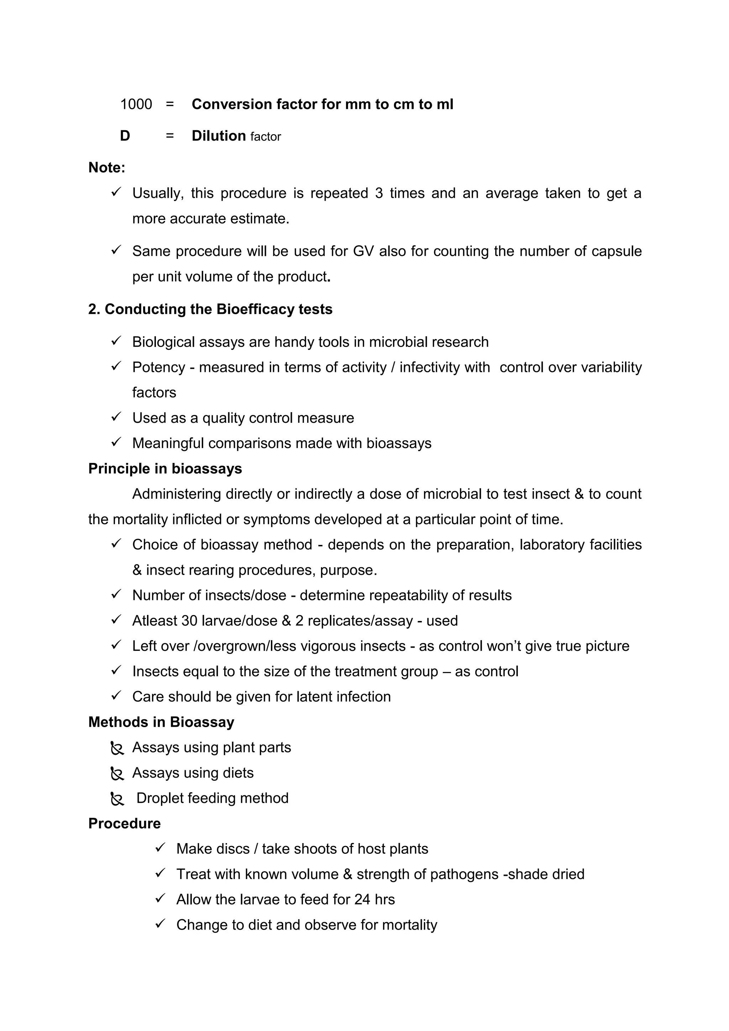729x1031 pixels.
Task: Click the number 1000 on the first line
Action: coord(136,105)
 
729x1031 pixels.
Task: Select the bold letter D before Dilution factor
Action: coord(125,136)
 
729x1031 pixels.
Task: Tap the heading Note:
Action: coord(107,168)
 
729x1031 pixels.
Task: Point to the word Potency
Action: coord(158,367)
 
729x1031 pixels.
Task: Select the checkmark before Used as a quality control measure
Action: coord(116,417)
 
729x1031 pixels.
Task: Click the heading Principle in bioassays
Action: coord(165,469)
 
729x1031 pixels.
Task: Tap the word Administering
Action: coord(177,494)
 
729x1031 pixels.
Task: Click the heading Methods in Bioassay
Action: coord(161,722)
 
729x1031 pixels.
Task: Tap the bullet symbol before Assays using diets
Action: coord(117,773)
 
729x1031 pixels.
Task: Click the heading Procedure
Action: coord(125,824)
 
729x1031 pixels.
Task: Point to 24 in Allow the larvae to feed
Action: coord(362,899)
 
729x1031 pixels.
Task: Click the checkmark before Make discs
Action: coord(160,848)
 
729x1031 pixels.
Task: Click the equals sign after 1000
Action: coord(170,105)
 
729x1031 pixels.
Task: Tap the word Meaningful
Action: coord(168,443)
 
